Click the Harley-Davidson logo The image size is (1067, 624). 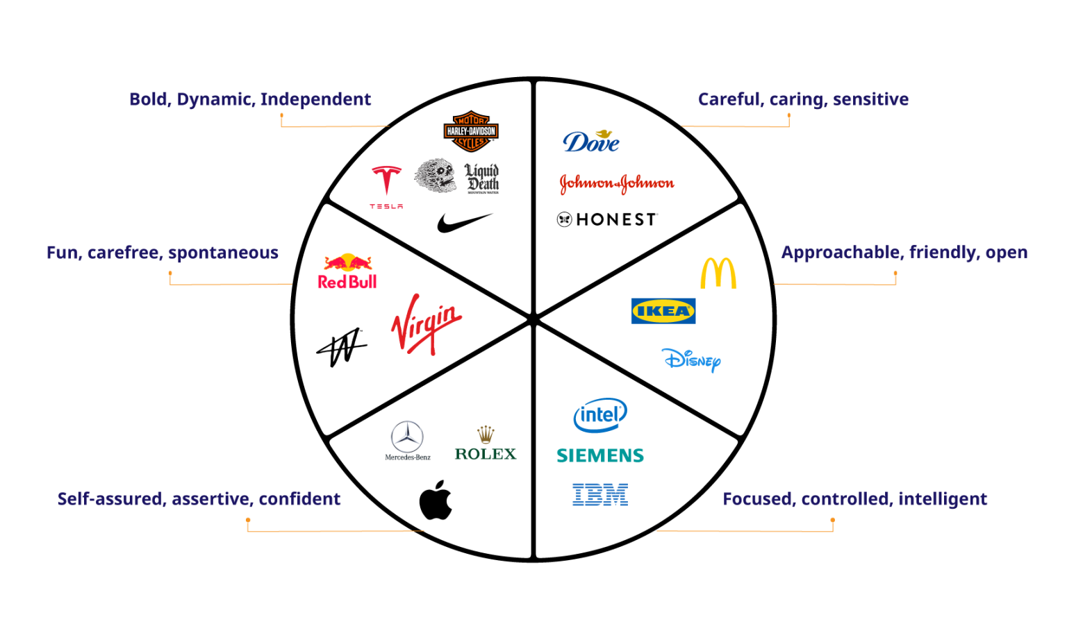[x=471, y=131]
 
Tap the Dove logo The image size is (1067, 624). [x=590, y=141]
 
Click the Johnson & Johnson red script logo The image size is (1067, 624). [x=617, y=183]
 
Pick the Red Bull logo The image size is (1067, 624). [x=347, y=271]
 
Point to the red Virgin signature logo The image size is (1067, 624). [x=426, y=323]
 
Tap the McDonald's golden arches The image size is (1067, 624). [x=718, y=273]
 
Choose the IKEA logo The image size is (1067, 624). [x=663, y=311]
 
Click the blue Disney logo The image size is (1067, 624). [x=690, y=360]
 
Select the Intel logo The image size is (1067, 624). [x=600, y=415]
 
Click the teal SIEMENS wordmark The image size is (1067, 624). [x=600, y=456]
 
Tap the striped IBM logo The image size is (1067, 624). [x=600, y=495]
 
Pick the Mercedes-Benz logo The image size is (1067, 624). [x=407, y=441]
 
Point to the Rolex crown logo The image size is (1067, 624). [x=486, y=441]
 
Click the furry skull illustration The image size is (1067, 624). [x=435, y=176]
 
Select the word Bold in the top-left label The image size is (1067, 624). [x=148, y=99]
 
